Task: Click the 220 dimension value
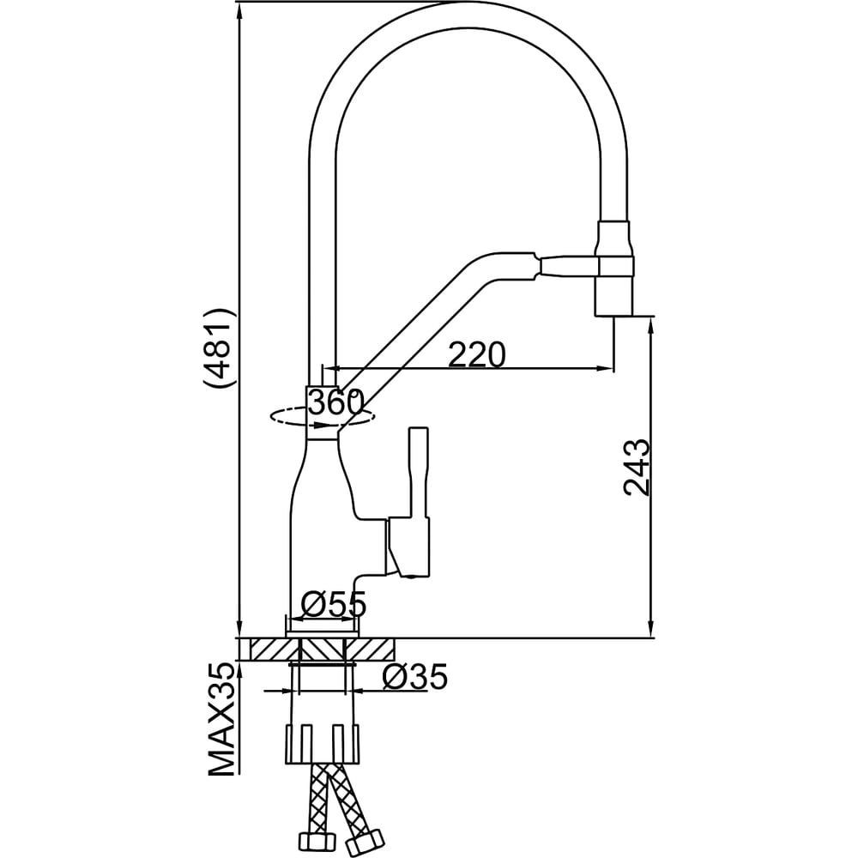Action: click(x=476, y=354)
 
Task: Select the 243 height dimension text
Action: click(x=637, y=467)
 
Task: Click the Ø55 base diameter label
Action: click(x=333, y=605)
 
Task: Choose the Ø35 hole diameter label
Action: click(x=415, y=677)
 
